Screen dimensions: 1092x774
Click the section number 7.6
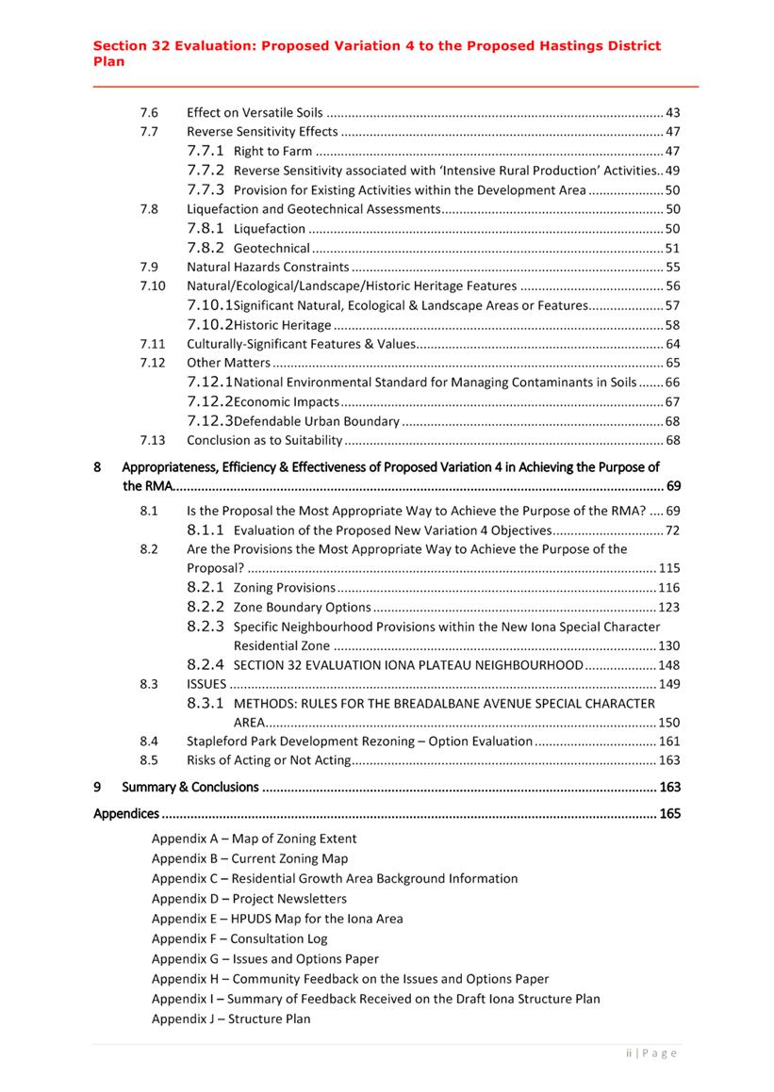(x=148, y=112)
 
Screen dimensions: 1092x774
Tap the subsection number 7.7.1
(x=206, y=151)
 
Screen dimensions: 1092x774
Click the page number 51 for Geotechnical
(x=672, y=248)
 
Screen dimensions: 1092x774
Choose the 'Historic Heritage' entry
(x=282, y=325)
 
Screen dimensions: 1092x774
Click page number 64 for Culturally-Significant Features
(x=672, y=344)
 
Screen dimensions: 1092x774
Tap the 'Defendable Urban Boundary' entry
(x=316, y=421)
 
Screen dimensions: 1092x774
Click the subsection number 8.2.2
(x=206, y=607)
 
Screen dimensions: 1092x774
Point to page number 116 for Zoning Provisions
(x=668, y=588)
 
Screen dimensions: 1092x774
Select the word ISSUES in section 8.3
(x=206, y=684)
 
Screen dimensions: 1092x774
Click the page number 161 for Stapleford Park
(x=668, y=742)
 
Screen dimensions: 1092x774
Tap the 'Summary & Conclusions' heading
(x=189, y=787)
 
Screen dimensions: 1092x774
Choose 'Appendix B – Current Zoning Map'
(x=250, y=858)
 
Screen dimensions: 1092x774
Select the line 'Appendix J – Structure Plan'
(x=231, y=1019)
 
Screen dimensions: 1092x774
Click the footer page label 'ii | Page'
(x=651, y=1053)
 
